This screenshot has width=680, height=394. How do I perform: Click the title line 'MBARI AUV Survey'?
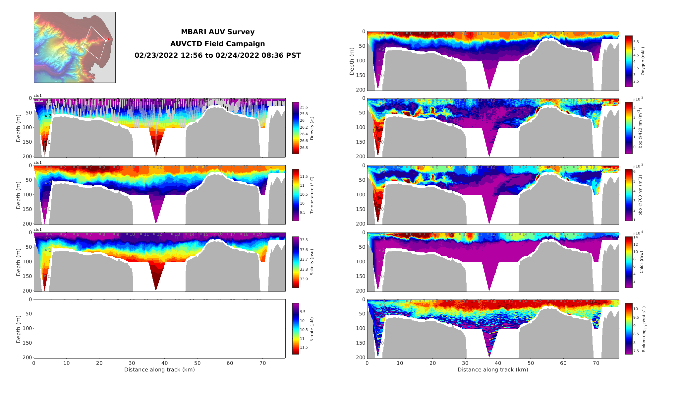(217, 32)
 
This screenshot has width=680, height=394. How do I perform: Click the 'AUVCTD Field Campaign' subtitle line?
(217, 44)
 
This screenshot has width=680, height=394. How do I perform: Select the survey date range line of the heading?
(217, 55)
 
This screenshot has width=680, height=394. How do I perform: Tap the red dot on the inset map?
(108, 39)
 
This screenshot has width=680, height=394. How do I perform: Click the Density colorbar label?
(312, 128)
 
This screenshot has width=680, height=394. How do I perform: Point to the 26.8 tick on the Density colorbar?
(304, 148)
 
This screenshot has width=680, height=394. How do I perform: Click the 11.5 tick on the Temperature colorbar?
(304, 177)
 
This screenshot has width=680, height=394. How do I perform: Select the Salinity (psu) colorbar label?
(312, 262)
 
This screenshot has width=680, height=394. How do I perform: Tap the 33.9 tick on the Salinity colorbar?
(304, 279)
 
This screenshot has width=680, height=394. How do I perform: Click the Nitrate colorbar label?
(312, 329)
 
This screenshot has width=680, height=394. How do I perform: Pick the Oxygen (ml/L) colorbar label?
(643, 61)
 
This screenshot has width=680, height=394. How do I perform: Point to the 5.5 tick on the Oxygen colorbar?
(636, 42)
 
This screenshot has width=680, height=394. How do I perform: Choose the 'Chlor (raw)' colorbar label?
(642, 262)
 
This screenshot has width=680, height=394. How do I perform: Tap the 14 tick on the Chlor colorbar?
(635, 237)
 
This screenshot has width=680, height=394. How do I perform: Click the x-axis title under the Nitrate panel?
(159, 370)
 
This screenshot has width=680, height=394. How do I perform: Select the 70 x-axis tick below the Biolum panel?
(596, 363)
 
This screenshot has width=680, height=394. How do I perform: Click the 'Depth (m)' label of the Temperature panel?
(19, 195)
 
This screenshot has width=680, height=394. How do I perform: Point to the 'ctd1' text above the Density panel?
(38, 96)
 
